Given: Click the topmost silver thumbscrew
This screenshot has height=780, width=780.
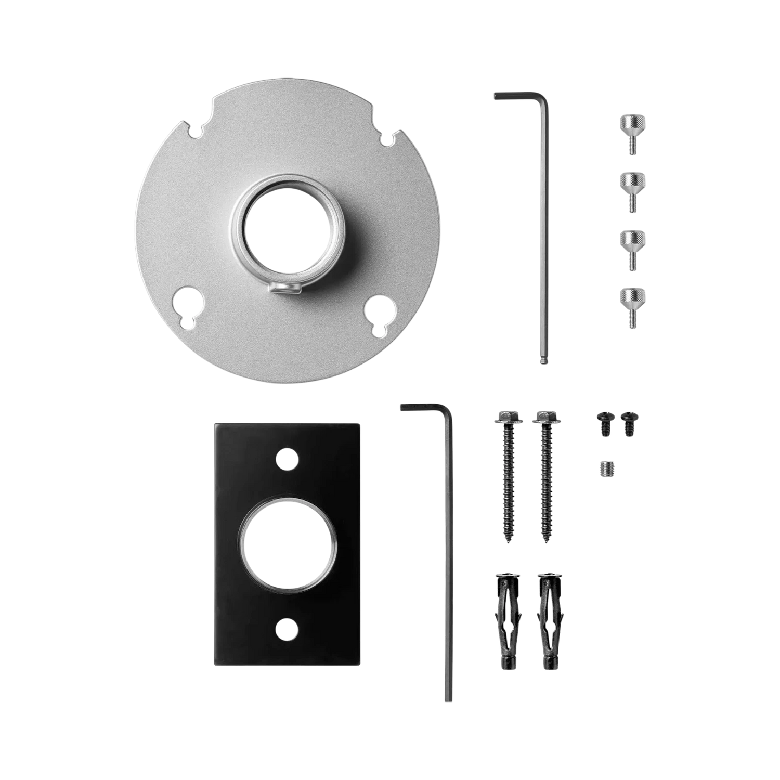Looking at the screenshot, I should point(632,133).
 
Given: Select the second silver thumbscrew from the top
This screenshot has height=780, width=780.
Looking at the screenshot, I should point(632,190).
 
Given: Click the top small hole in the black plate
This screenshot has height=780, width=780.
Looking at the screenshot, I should point(284,458).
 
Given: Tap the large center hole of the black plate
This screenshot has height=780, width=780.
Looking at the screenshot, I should point(285,543).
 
